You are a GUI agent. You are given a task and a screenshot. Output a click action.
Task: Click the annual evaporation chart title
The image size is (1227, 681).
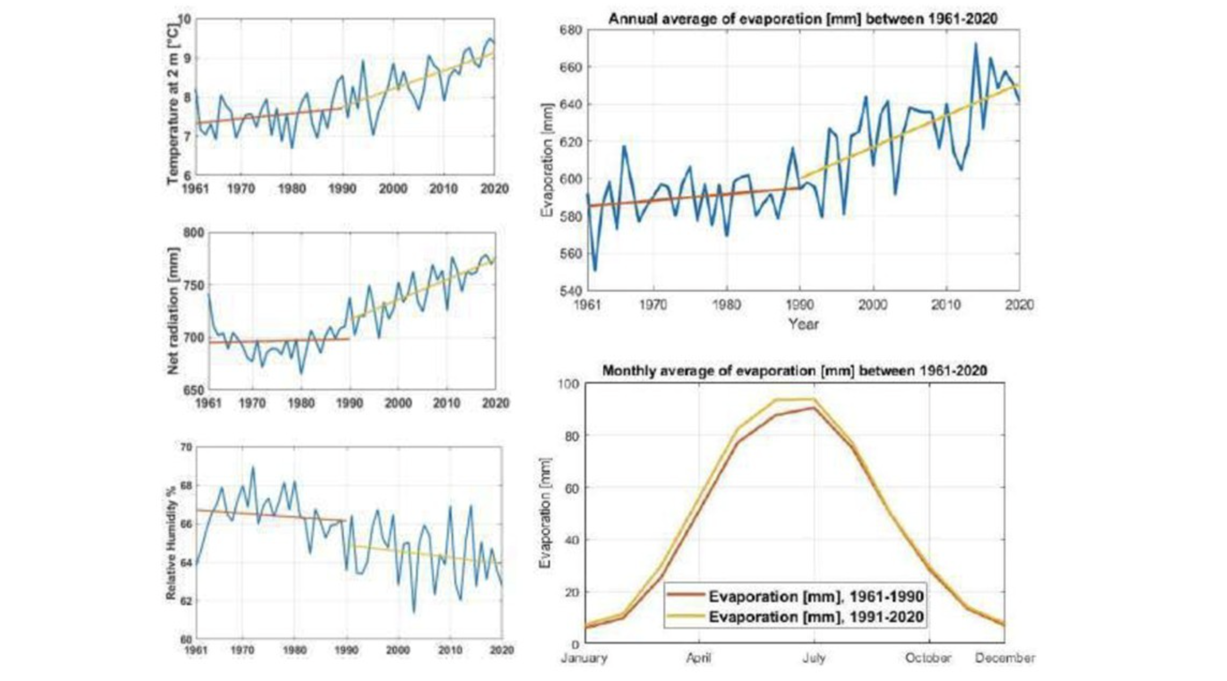click(803, 19)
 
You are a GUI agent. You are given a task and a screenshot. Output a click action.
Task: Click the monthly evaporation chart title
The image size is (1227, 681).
click(794, 371)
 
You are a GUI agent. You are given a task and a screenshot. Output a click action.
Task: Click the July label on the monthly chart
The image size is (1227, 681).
click(814, 657)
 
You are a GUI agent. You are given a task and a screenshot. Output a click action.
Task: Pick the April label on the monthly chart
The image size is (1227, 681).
click(698, 657)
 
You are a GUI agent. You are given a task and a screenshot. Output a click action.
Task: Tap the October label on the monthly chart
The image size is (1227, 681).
click(928, 657)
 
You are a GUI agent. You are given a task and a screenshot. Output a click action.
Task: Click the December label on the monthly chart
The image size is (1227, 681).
click(1005, 657)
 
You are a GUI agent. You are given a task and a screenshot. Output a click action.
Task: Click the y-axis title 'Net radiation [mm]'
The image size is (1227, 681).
click(173, 311)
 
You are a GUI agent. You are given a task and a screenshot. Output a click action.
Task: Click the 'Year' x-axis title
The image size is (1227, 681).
click(803, 324)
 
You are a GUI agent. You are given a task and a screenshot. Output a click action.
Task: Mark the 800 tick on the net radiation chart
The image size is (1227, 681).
click(194, 233)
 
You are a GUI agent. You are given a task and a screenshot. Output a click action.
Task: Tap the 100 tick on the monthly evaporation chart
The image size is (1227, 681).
click(568, 384)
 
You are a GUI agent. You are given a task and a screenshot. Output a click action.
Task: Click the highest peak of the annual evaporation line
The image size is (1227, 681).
click(975, 44)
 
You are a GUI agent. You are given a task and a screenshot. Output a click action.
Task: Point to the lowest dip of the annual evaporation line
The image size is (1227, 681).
click(595, 270)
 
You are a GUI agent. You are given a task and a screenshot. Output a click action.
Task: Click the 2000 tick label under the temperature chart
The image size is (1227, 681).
click(393, 189)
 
